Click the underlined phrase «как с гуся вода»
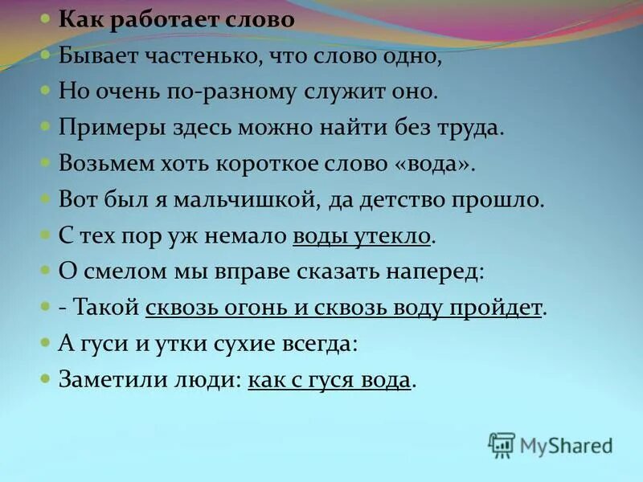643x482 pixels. point(329,379)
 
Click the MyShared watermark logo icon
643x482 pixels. point(502,444)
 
